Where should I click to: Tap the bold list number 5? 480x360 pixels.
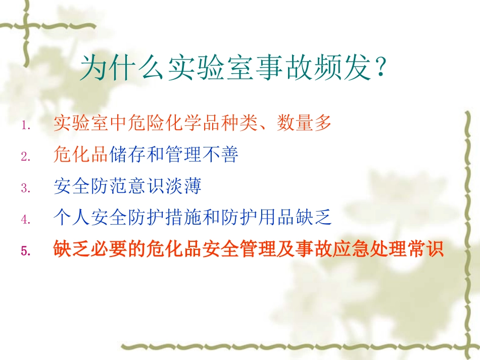coord(26,250)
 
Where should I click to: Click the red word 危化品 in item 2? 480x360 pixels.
coord(81,156)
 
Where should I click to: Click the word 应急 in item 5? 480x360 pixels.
coord(350,249)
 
